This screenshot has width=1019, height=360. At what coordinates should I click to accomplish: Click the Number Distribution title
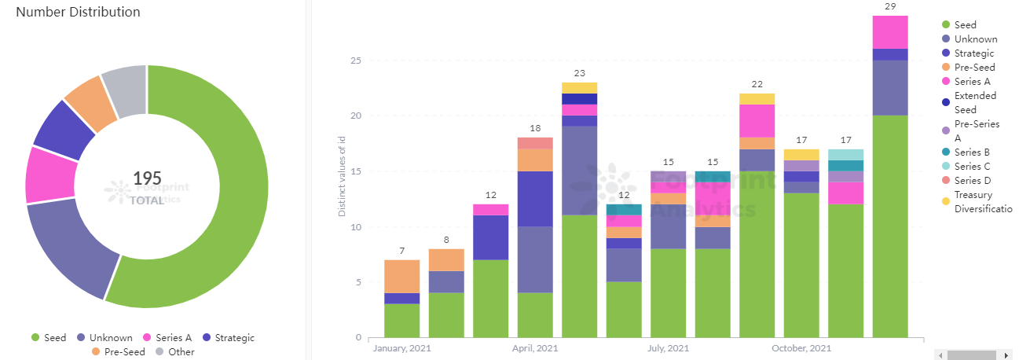point(79,13)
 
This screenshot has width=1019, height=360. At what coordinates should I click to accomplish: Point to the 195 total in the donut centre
point(147,178)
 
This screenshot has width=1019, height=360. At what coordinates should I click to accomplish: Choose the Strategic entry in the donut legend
point(234,338)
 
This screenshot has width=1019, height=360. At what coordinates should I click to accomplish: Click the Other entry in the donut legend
point(181,351)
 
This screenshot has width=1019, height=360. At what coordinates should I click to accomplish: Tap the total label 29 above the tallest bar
point(890,6)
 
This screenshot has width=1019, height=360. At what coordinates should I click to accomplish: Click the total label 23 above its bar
point(579,73)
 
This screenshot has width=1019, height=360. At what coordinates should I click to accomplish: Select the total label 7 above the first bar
point(401,251)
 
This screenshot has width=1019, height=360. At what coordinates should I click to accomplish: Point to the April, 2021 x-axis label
point(535,348)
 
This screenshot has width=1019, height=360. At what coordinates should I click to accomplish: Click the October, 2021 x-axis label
point(801,348)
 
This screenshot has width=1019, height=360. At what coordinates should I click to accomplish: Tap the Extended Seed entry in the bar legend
point(974,102)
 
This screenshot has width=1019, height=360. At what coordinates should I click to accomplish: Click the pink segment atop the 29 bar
point(890,31)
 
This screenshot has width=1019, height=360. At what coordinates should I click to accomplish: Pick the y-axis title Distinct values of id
point(342,174)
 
